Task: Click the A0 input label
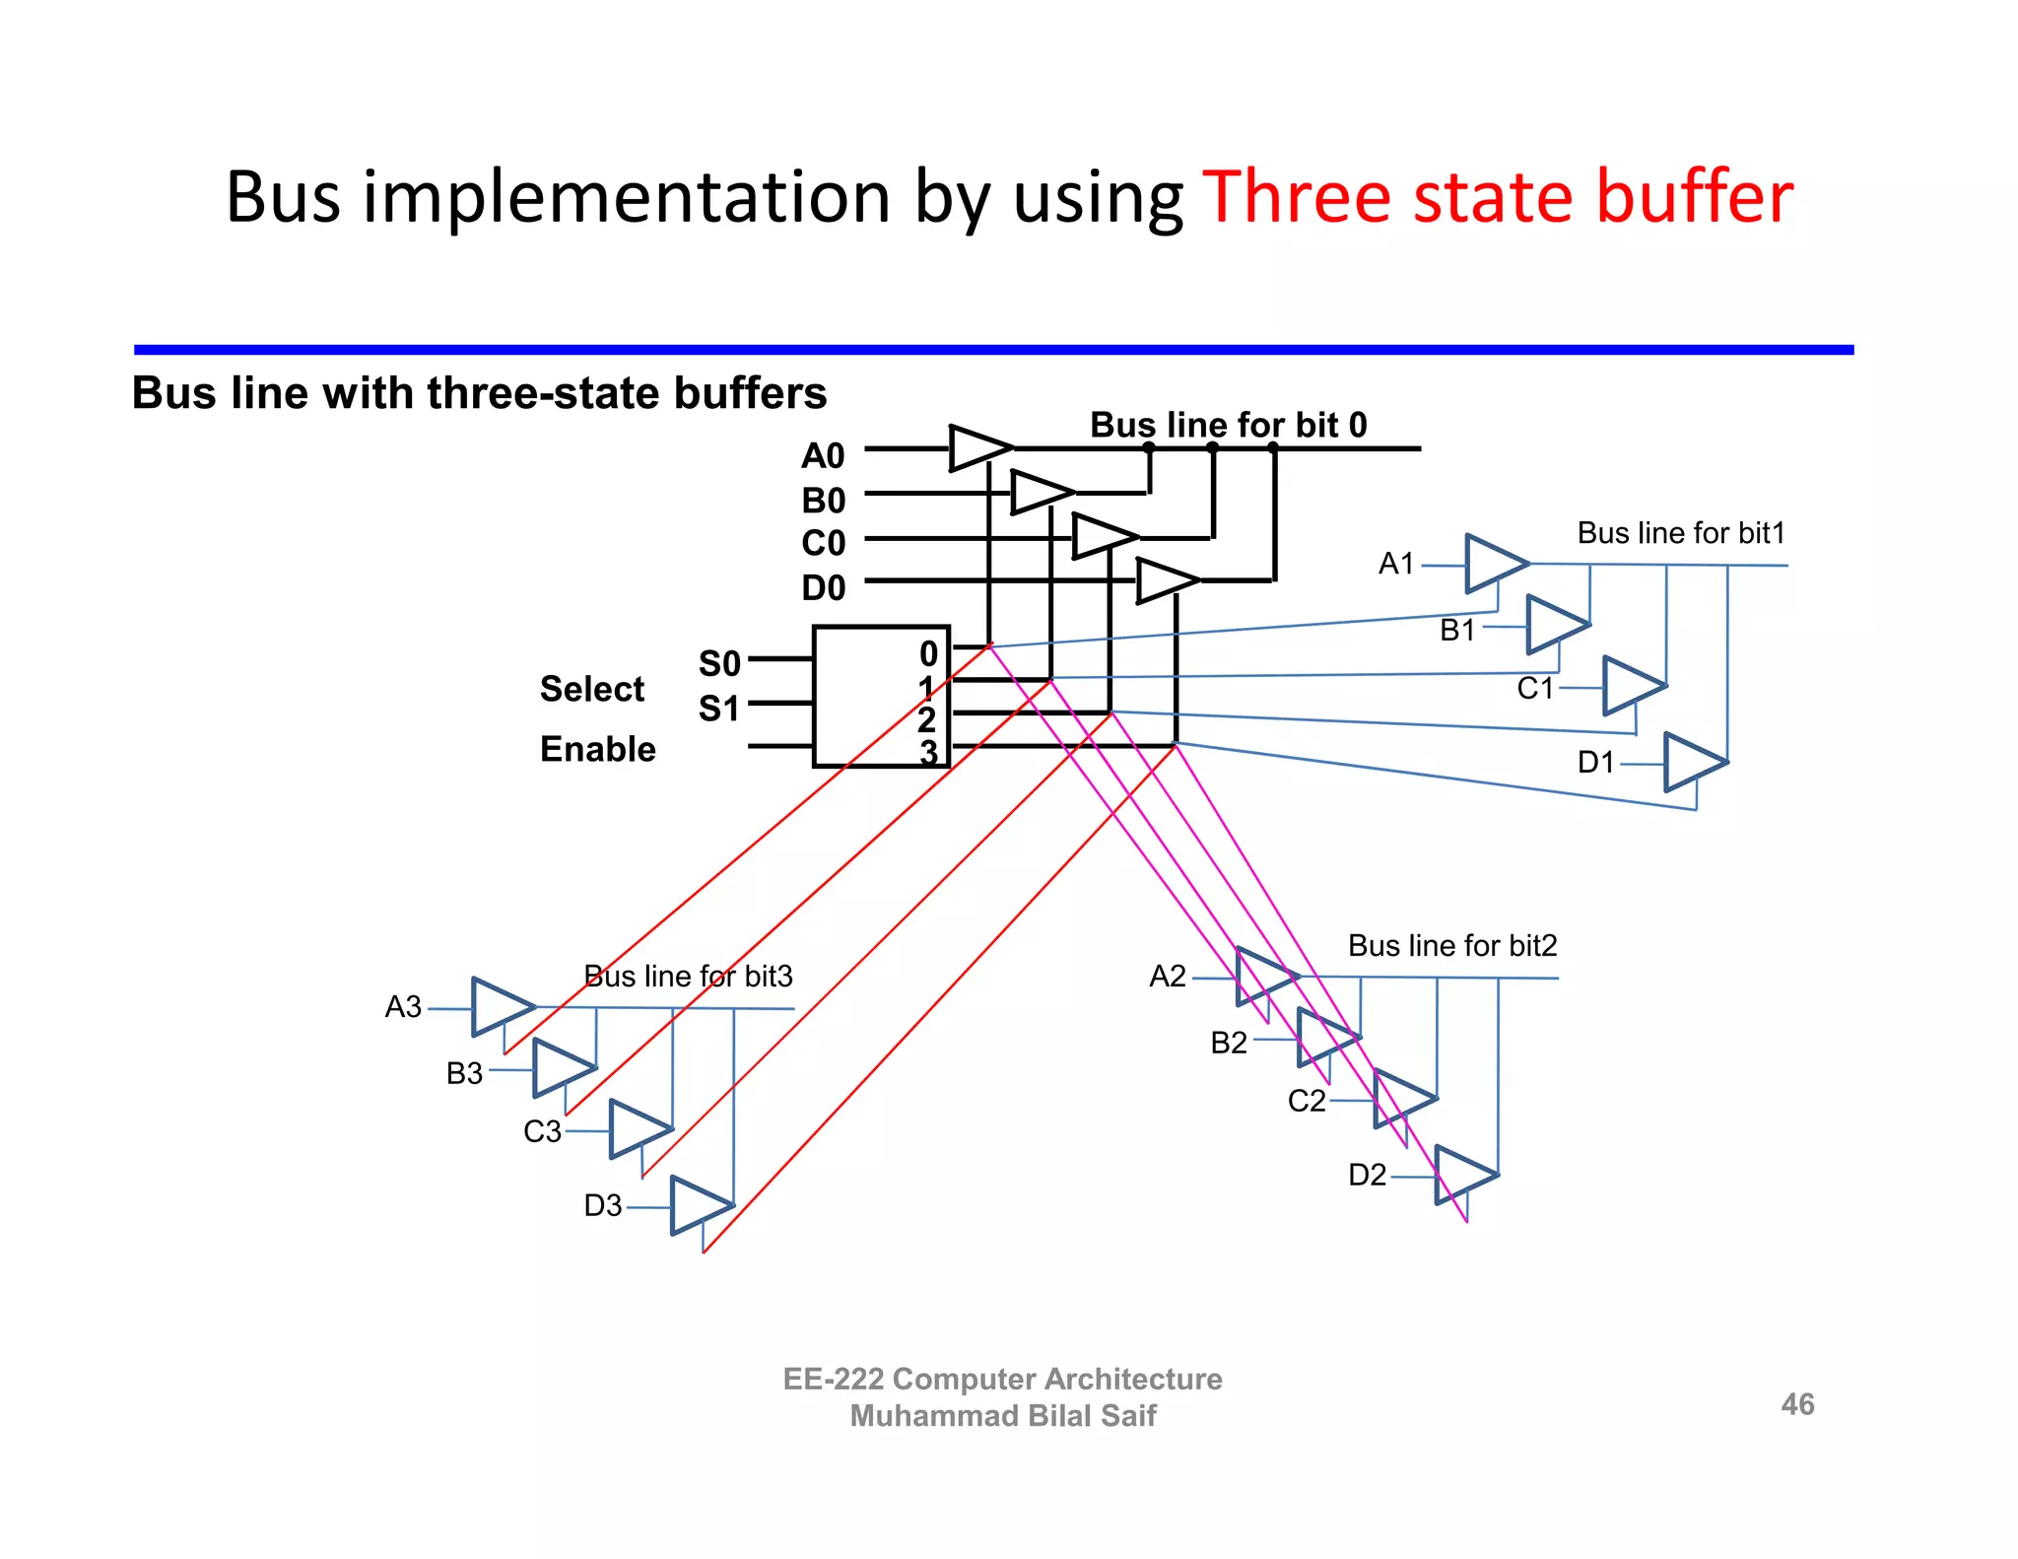point(823,455)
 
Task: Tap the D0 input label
point(823,587)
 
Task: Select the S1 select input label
point(718,709)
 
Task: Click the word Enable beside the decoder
point(597,749)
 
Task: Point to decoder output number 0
point(928,653)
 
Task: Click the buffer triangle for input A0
point(979,448)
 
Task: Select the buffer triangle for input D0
point(1167,580)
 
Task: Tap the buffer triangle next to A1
point(1495,564)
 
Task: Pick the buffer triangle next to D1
point(1694,762)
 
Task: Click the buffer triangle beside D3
point(700,1205)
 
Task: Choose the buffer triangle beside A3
point(502,1007)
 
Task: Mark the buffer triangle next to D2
point(1464,1175)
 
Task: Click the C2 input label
point(1307,1100)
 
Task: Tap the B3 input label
point(464,1072)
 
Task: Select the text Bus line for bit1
point(1681,533)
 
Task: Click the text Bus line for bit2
point(1451,946)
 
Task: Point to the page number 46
point(1797,1404)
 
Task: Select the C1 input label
point(1534,688)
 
